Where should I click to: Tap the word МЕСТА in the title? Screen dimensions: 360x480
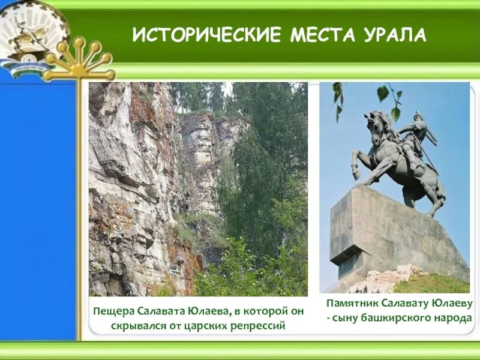pyautogui.click(x=320, y=35)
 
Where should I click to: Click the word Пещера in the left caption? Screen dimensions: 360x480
pyautogui.click(x=113, y=311)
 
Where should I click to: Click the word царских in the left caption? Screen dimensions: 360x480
pyautogui.click(x=196, y=326)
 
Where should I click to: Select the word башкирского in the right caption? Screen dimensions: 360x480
pyautogui.click(x=400, y=318)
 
